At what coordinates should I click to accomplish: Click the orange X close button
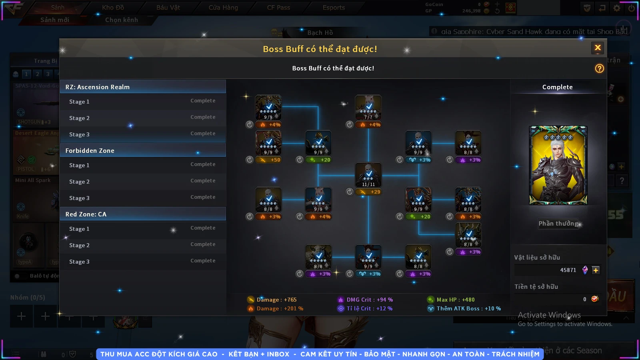pos(598,48)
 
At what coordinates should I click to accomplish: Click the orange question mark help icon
pos(599,68)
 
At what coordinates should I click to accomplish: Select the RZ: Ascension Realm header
pos(143,87)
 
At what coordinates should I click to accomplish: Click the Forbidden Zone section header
pos(143,150)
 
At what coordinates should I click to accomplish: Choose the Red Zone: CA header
pos(143,214)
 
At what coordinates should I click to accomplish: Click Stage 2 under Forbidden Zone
pos(143,182)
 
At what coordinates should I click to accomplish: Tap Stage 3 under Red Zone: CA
pos(143,262)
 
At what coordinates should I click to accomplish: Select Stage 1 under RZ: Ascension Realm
pos(143,102)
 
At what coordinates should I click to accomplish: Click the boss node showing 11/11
pos(368,175)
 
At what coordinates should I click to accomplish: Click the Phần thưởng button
pos(558,224)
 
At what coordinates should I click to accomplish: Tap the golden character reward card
pos(558,165)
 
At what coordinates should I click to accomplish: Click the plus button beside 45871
pos(596,270)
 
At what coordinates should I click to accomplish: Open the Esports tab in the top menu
pos(334,8)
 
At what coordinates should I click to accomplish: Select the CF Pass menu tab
pos(278,8)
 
